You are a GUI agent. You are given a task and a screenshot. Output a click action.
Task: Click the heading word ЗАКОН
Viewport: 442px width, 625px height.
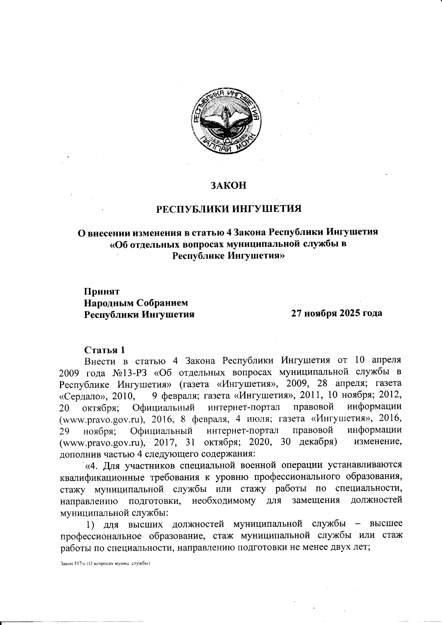228,185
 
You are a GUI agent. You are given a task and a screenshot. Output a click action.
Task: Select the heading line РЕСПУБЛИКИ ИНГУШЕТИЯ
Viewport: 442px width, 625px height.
229,209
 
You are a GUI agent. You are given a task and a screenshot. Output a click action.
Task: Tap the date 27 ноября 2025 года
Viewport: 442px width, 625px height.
336,313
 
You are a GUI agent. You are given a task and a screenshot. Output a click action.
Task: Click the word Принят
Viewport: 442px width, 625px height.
102,292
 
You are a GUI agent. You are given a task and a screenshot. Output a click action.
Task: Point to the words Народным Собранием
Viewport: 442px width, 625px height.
136,303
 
